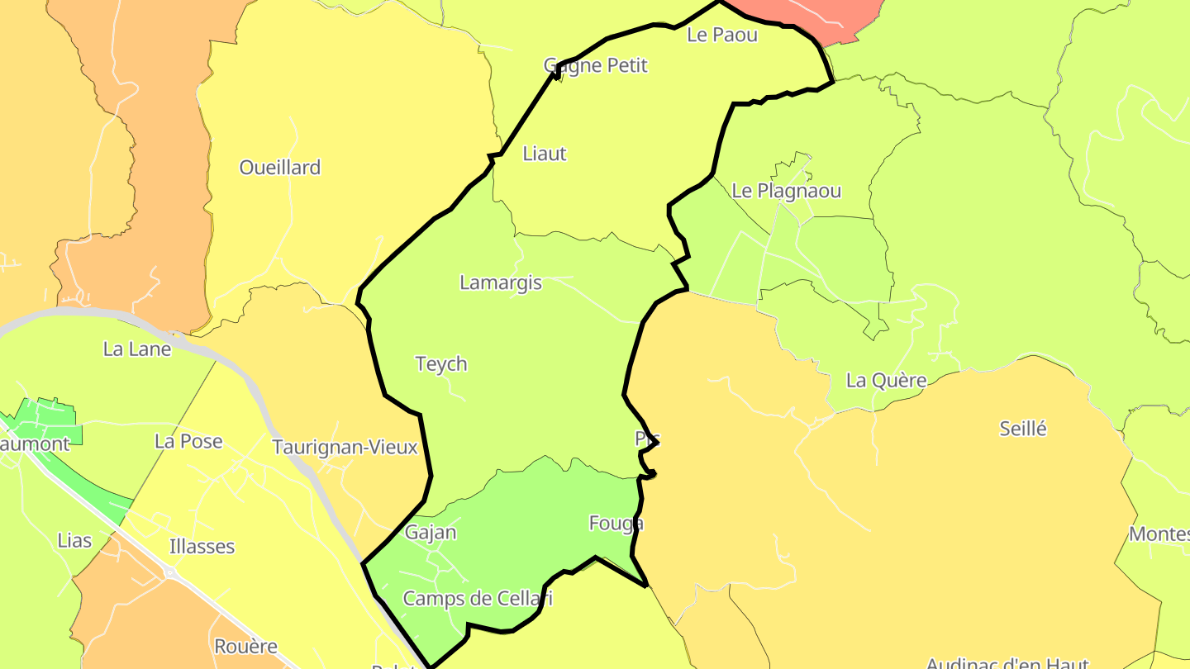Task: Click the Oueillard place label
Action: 279,168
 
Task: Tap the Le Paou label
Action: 721,35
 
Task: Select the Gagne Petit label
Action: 595,65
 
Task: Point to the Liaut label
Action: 545,154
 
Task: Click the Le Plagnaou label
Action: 786,191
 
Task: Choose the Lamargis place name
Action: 500,282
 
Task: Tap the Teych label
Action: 440,364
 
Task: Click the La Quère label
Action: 886,381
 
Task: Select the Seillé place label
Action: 1022,429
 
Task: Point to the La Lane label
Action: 137,349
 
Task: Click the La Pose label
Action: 188,442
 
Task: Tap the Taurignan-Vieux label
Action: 345,448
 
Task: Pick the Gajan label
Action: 431,533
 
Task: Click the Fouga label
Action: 615,524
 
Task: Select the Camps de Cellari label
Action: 478,599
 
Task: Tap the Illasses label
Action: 202,547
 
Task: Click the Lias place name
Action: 74,541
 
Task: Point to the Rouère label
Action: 245,647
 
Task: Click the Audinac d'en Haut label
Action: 1007,662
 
